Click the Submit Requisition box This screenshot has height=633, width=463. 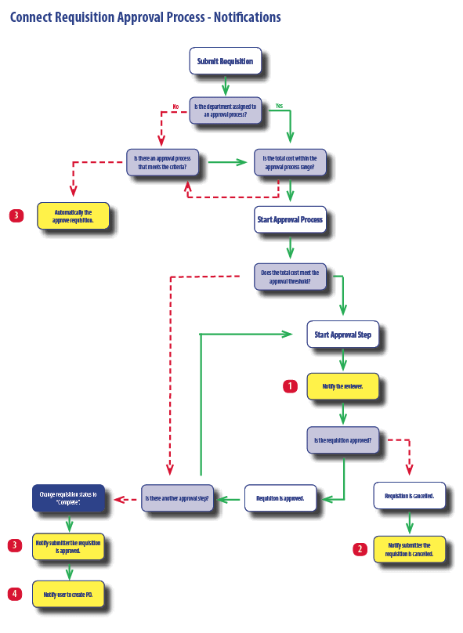point(226,61)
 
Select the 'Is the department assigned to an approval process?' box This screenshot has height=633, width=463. point(226,110)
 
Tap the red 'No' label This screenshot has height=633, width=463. point(175,107)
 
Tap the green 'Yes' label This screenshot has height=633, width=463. point(279,106)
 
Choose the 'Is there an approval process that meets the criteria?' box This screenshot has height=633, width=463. point(162,162)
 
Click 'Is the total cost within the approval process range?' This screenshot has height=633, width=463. point(290,162)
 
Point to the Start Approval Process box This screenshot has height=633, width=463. point(290,219)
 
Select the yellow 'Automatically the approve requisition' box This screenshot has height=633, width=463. point(73,216)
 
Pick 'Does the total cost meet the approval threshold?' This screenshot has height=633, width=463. point(290,277)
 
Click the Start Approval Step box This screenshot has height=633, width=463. point(342,335)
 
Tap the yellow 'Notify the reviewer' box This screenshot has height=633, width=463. point(342,386)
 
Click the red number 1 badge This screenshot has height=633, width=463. point(290,386)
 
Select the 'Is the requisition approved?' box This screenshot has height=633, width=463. point(342,440)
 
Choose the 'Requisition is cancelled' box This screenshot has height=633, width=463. point(409,495)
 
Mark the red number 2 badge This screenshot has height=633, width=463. point(360,549)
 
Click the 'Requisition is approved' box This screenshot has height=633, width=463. point(280,498)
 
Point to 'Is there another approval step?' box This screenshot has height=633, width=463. point(177,498)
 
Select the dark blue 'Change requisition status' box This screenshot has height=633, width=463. point(68,498)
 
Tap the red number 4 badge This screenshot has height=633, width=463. point(15,594)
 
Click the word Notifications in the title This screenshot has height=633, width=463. point(247,17)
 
